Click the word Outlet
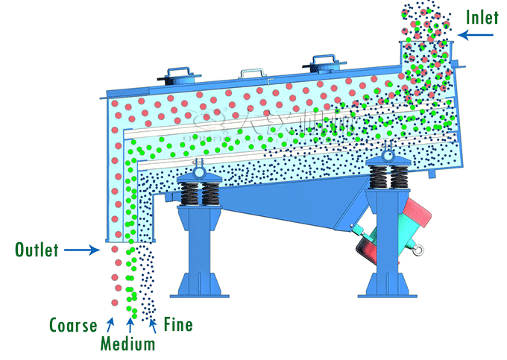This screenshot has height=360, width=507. pyautogui.click(x=37, y=250)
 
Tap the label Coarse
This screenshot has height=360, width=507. pyautogui.click(x=74, y=325)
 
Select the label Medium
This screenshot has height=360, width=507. pyautogui.click(x=128, y=344)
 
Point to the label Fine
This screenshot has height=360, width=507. pyautogui.click(x=177, y=324)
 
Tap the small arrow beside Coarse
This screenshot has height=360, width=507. pyautogui.click(x=110, y=323)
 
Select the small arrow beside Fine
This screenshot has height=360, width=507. pyautogui.click(x=152, y=323)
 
